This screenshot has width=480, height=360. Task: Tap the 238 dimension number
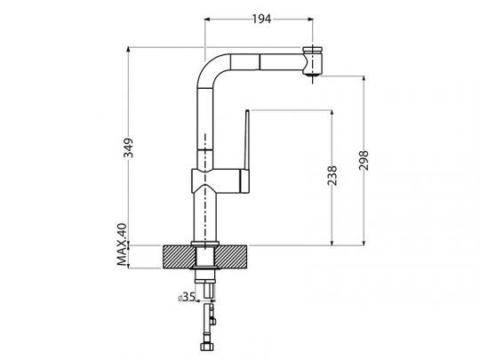331,178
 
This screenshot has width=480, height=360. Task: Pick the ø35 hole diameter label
188,298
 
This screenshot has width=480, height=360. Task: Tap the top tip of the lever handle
246,113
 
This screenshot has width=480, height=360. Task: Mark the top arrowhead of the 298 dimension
365,78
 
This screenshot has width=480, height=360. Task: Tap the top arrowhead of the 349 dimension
131,49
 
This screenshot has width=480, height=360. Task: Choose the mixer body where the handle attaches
213,182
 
